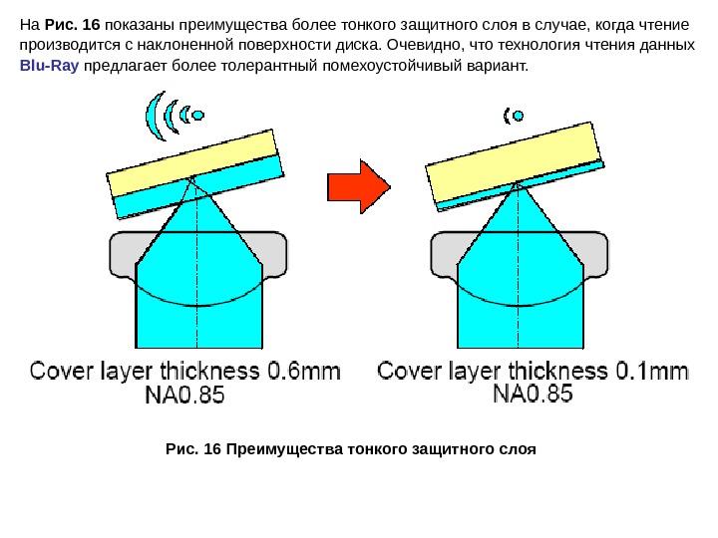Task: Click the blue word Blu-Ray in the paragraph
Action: pyautogui.click(x=49, y=66)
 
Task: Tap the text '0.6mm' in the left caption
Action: pyautogui.click(x=303, y=373)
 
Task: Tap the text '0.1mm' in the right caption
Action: pyautogui.click(x=649, y=373)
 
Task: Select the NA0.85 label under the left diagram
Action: pyautogui.click(x=185, y=396)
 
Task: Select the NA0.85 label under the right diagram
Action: pyautogui.click(x=535, y=396)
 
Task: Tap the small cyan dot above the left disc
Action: pyautogui.click(x=198, y=116)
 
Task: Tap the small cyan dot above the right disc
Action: pyautogui.click(x=519, y=116)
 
